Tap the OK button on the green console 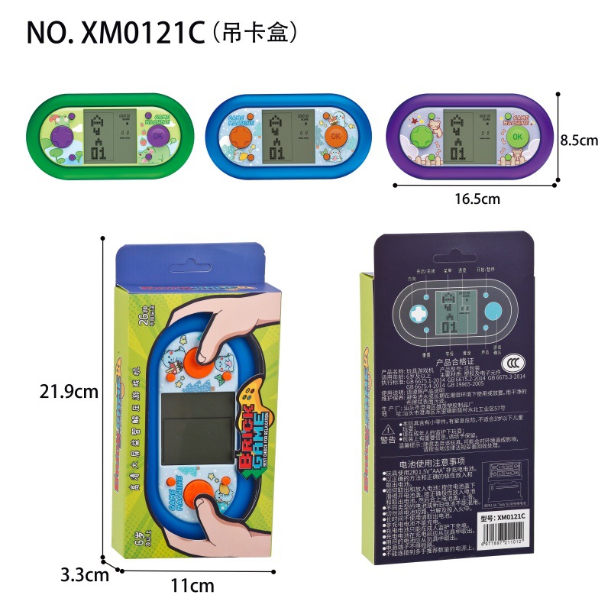[157, 134]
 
